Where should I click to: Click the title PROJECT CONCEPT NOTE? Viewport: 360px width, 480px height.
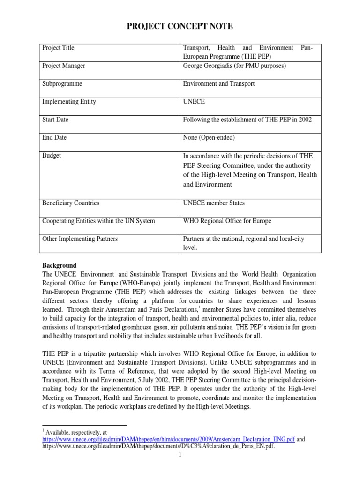click(x=180, y=27)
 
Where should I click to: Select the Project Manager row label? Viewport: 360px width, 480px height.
click(x=64, y=66)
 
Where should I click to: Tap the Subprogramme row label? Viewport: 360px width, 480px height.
click(x=62, y=84)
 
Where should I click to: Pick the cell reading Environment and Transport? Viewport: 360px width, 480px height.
click(x=219, y=84)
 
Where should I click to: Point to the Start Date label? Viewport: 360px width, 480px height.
click(x=55, y=120)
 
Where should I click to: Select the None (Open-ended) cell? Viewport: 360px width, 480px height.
click(x=209, y=137)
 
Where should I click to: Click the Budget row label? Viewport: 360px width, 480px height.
click(x=52, y=155)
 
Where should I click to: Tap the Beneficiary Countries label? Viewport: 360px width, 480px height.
click(x=71, y=203)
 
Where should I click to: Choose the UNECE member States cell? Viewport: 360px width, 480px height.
click(x=214, y=203)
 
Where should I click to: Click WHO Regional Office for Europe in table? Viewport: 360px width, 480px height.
click(x=227, y=221)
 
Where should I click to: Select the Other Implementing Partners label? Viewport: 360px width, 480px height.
click(x=80, y=239)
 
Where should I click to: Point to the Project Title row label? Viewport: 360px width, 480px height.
click(x=58, y=48)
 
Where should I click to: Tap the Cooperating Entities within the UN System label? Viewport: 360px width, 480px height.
click(x=98, y=221)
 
